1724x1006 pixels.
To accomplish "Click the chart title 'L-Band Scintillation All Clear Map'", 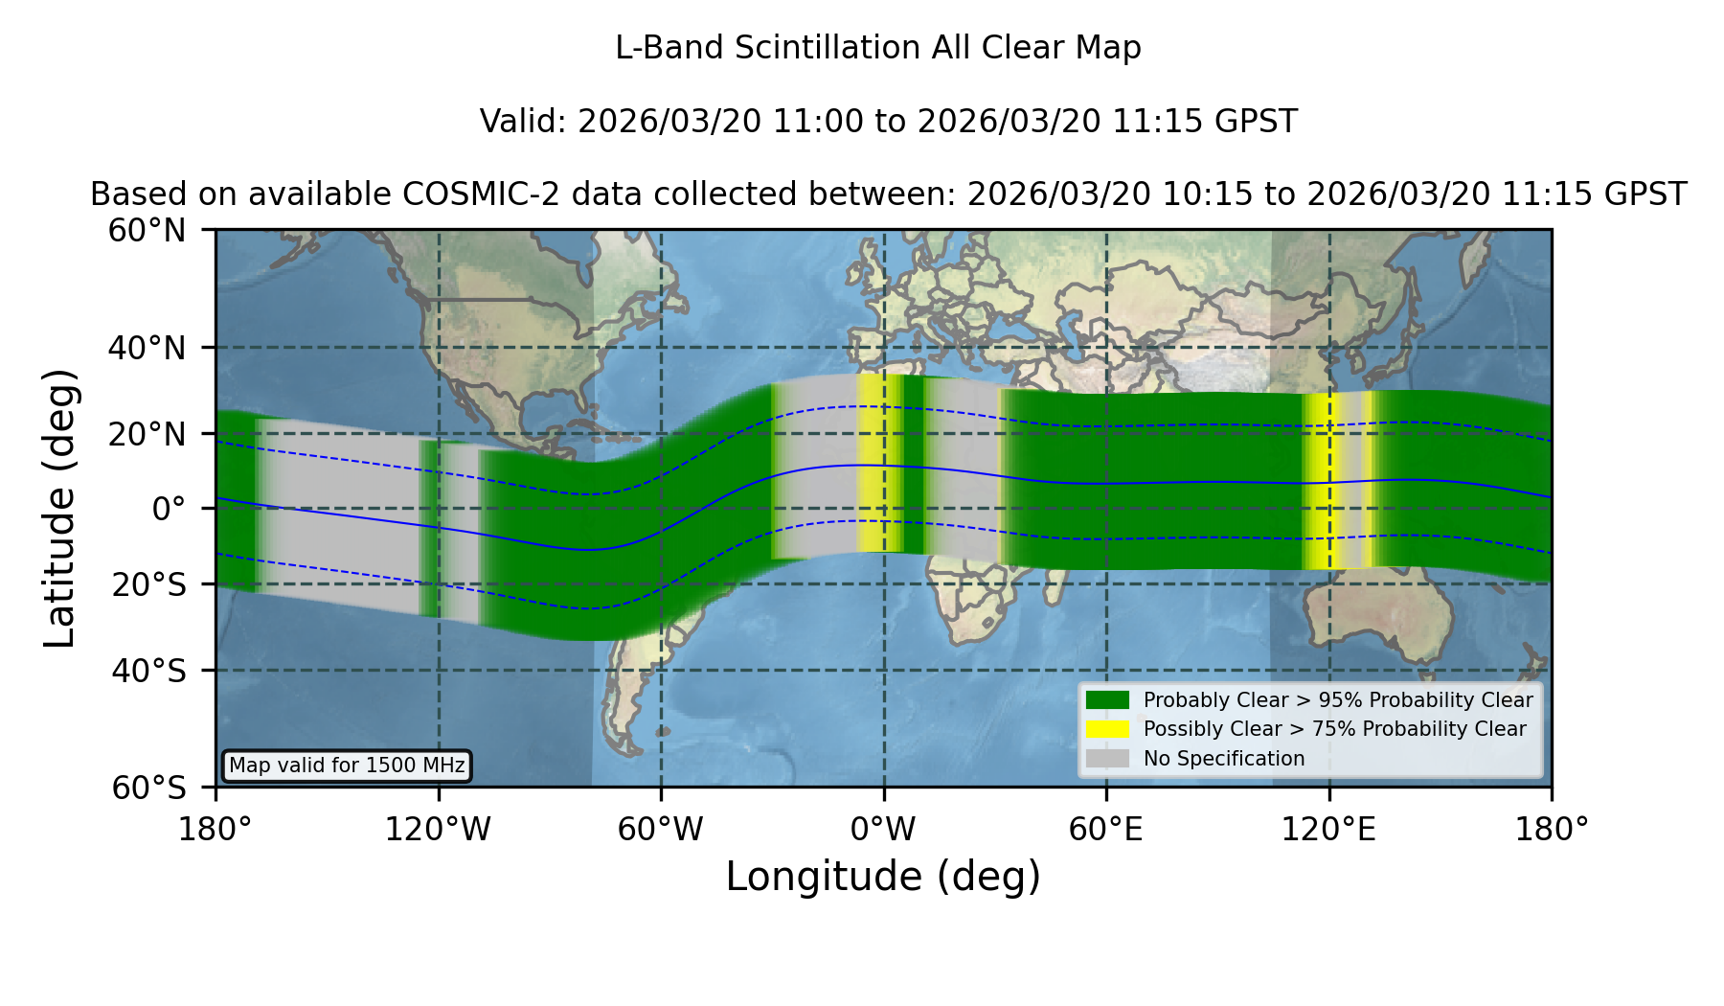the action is tap(878, 48).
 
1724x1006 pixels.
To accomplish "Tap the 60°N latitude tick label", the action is tap(147, 231).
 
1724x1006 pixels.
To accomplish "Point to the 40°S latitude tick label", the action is tap(148, 671).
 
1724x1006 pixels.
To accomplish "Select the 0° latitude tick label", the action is tap(170, 509).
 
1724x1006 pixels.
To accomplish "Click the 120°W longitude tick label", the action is tap(438, 830).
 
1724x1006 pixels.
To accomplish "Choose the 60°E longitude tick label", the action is tap(1106, 830).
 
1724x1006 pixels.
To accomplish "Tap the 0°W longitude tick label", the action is tap(884, 830).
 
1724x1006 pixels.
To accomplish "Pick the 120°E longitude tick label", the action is tap(1328, 830).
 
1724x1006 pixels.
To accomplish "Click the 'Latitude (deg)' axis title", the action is tap(59, 508).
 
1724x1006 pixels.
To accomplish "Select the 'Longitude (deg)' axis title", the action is tap(883, 877).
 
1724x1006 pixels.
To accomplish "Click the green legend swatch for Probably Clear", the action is tap(1108, 699).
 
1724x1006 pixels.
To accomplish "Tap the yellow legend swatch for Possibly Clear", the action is tap(1108, 729).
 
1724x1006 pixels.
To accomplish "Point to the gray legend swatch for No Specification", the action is tap(1108, 759).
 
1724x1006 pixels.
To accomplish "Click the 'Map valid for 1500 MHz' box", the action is tap(348, 766).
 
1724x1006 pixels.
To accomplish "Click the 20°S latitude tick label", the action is tap(148, 584).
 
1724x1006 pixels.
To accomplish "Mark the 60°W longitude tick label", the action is tap(661, 830).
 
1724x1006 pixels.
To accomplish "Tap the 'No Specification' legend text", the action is tap(1224, 759).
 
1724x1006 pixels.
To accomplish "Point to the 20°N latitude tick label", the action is tap(147, 434).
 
